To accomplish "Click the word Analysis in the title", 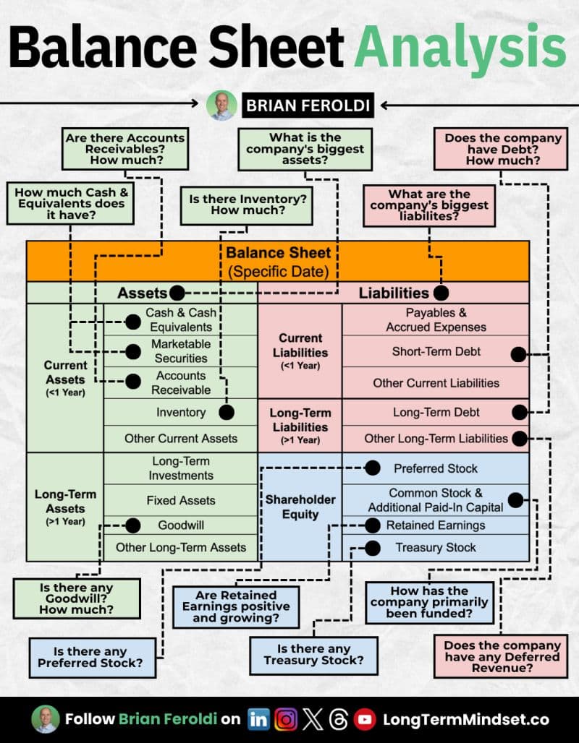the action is point(460,48).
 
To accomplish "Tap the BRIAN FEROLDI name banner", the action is point(308,106).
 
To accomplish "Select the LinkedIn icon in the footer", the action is point(258,719).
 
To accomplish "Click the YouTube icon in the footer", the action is point(365,719).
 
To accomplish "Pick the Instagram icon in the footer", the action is point(286,719).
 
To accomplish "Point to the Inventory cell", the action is point(181,412).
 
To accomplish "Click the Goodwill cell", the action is point(181,525).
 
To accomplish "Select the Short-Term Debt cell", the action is point(436,351).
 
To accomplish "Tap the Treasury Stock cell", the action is point(436,548).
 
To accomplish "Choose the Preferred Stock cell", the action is point(436,468).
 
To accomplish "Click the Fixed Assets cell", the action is point(181,500).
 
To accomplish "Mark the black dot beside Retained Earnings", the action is point(373,525).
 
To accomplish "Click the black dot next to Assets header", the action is point(177,293).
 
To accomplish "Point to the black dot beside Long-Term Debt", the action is point(520,412).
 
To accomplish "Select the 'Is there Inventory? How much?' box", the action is point(247,205).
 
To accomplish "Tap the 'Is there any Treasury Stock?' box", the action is point(313,656).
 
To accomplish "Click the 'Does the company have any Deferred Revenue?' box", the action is point(501,657).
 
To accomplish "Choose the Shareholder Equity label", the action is point(300,507).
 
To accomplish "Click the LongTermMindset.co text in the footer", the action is point(466,720).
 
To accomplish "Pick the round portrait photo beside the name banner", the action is point(221,106).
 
